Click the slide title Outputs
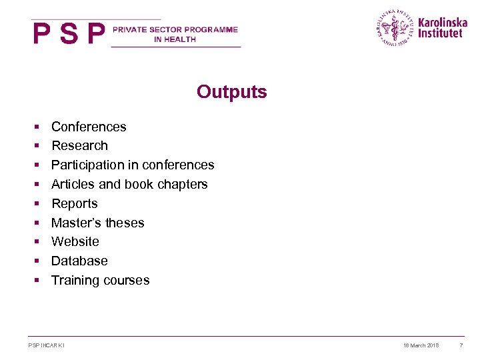(x=231, y=92)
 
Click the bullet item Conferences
(x=89, y=127)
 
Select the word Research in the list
(x=79, y=145)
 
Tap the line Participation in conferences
(x=133, y=165)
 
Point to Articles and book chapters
(x=129, y=184)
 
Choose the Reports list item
(x=75, y=203)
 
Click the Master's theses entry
(x=98, y=223)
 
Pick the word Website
(x=75, y=241)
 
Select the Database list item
(x=79, y=261)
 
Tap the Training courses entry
(x=101, y=280)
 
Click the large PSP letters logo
(x=69, y=34)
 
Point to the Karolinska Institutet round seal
(x=395, y=27)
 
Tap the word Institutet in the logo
(x=439, y=33)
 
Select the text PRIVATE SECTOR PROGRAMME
(x=175, y=30)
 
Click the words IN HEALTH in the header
(x=175, y=39)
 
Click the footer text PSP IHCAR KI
(x=47, y=345)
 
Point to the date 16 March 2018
(x=421, y=345)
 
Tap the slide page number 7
(x=461, y=345)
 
